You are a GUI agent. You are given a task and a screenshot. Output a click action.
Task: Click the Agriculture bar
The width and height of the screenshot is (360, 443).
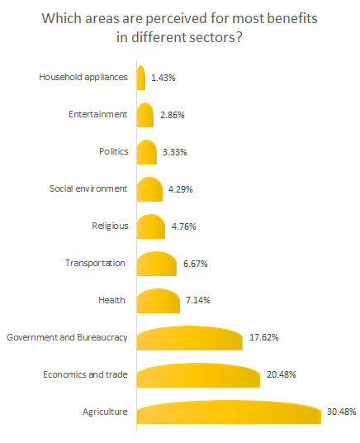coord(228,412)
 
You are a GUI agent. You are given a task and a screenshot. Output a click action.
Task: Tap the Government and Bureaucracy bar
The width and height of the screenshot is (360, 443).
coord(189,338)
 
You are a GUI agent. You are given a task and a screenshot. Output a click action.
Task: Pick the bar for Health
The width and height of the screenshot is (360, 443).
coord(158,301)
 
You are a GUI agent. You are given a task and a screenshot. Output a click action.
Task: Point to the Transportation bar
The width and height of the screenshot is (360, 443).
coord(156,264)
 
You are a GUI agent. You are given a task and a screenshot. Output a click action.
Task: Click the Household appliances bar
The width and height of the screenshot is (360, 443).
coord(141,79)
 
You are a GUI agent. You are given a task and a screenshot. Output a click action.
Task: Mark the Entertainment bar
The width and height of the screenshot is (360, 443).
coord(145,116)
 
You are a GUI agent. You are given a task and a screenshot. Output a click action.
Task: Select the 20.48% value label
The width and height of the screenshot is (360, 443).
coord(280,374)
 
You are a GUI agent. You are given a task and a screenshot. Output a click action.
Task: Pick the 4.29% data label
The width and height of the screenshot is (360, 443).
coord(182,189)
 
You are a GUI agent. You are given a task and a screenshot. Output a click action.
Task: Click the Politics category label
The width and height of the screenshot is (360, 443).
coord(112,152)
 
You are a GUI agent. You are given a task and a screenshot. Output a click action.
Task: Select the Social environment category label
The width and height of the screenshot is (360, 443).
coord(88,188)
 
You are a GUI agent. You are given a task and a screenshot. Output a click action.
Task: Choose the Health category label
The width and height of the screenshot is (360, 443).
coord(114,300)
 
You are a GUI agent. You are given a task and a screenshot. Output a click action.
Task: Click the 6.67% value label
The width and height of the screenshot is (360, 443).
coord(194,264)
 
